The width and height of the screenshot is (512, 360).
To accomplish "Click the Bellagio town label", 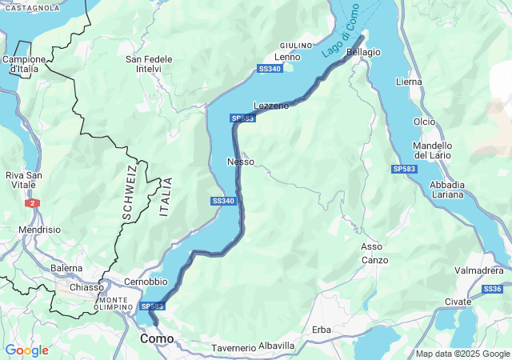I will [x=364, y=52].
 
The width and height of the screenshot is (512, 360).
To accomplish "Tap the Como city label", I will [x=157, y=339].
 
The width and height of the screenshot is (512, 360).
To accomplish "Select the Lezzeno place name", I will [x=271, y=106].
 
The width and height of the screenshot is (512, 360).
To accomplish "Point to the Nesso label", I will [x=241, y=162].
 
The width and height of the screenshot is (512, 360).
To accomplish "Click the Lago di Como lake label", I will [x=340, y=37].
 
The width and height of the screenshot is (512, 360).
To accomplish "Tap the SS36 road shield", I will [x=493, y=289].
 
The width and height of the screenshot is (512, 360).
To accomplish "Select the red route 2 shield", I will [x=32, y=203].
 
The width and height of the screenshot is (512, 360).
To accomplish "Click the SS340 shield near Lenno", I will [x=270, y=70].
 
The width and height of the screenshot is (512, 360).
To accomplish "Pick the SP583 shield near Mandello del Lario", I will [x=404, y=170].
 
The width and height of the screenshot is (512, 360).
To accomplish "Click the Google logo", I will [x=26, y=350].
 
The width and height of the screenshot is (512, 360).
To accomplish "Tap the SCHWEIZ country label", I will [x=130, y=192].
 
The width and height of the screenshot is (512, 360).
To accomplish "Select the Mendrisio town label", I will [x=39, y=230].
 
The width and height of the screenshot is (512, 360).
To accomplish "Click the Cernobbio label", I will [x=146, y=282].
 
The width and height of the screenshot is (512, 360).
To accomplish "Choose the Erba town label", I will [x=322, y=330].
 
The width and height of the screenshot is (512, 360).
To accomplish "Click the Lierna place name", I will [x=408, y=82].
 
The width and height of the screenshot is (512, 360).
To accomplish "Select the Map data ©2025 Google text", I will [x=462, y=354].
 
